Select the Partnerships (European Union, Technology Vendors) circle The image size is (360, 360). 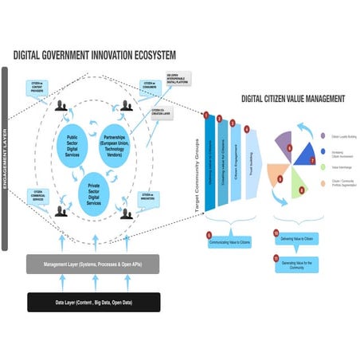pos(122,145)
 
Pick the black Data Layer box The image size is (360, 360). pos(94,302)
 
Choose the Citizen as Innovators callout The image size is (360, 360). pos(148,196)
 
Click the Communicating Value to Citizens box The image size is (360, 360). pos(231,240)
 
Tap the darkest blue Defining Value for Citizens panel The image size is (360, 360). pos(210,163)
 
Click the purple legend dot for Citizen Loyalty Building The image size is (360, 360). pos(323,137)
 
